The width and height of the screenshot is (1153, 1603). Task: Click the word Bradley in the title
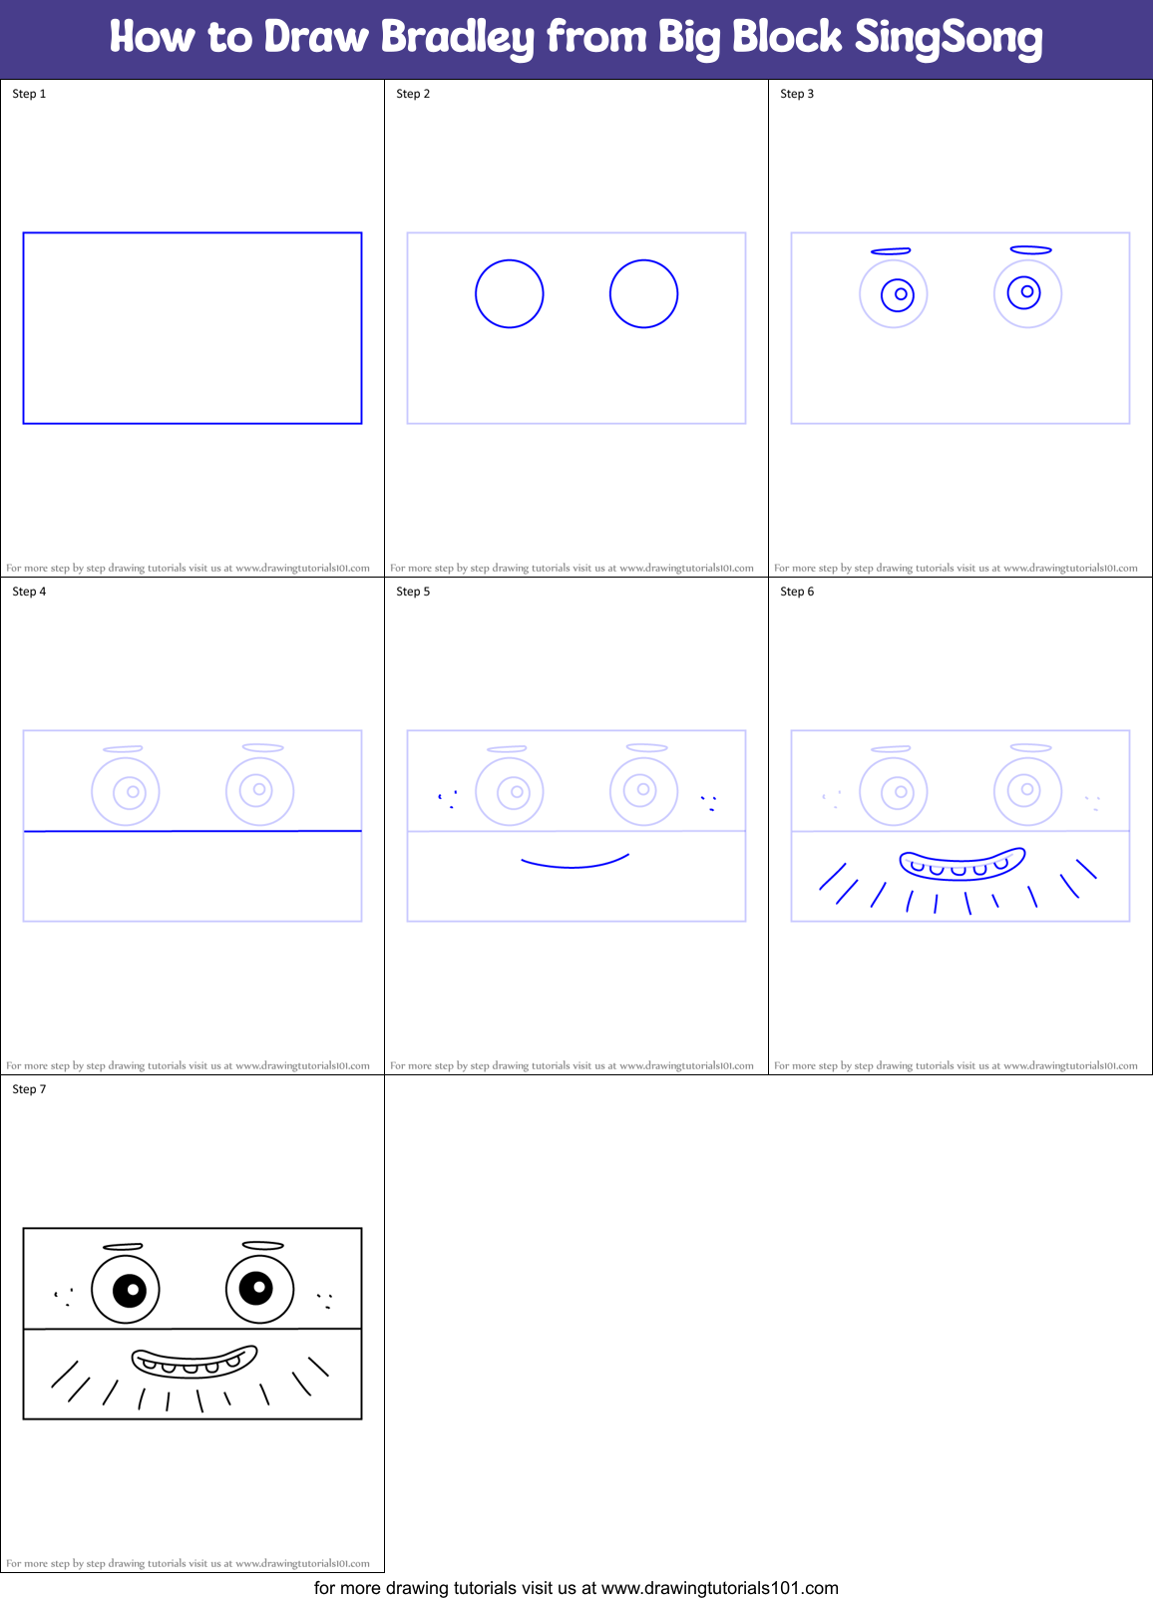coord(457,38)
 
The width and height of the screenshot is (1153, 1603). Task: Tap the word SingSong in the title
coord(948,38)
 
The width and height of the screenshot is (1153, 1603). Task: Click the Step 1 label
coord(29,94)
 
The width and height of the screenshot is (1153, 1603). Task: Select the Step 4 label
coord(29,592)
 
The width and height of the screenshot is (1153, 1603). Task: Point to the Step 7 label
coord(29,1089)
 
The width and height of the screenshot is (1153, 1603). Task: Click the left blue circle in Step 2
coord(509,294)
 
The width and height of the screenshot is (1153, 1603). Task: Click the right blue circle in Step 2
coord(643,294)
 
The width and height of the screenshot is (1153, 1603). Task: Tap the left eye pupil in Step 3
coord(899,294)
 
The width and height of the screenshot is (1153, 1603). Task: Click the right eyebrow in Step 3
coord(1030,250)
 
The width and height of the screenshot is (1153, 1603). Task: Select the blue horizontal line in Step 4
coord(192,831)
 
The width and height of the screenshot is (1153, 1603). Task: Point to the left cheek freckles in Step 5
coord(448,799)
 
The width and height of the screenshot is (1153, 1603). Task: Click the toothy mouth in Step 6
coord(961,864)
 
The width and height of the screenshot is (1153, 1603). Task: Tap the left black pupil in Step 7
coord(131,1290)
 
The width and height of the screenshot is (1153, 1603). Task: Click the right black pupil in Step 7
coord(257,1288)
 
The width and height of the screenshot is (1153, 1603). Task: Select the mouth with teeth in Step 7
coord(193,1362)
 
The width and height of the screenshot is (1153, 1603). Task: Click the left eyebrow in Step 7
coord(123,1246)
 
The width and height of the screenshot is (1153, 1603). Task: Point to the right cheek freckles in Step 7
coord(324,1301)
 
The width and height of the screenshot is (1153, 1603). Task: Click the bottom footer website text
coord(576,1588)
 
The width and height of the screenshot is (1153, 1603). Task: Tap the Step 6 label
coord(797,592)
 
